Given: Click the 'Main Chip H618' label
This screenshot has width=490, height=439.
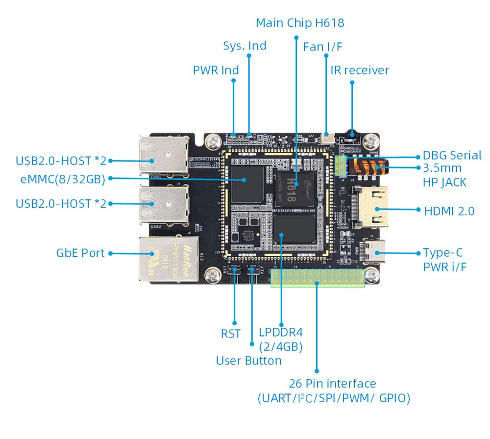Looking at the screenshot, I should [300, 23].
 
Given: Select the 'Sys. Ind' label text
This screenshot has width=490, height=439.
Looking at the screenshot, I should [245, 46].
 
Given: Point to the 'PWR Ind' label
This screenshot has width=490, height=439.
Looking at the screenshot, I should [216, 70].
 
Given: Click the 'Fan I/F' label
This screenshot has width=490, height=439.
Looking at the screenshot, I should [322, 47].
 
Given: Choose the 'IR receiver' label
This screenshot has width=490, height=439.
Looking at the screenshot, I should [360, 70].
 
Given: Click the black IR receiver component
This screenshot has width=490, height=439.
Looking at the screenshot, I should [351, 133].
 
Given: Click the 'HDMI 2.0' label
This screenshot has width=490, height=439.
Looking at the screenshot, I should [449, 211].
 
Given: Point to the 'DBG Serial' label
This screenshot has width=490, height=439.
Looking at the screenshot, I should [452, 155].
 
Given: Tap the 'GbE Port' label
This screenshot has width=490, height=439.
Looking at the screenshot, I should [80, 253].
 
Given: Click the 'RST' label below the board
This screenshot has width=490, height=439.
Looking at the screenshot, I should [231, 334].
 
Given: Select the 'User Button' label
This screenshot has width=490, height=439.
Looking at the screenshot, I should [249, 361].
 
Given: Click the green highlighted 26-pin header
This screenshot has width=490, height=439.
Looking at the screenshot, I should [318, 278].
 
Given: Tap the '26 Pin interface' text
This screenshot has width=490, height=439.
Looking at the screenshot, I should [331, 384].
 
